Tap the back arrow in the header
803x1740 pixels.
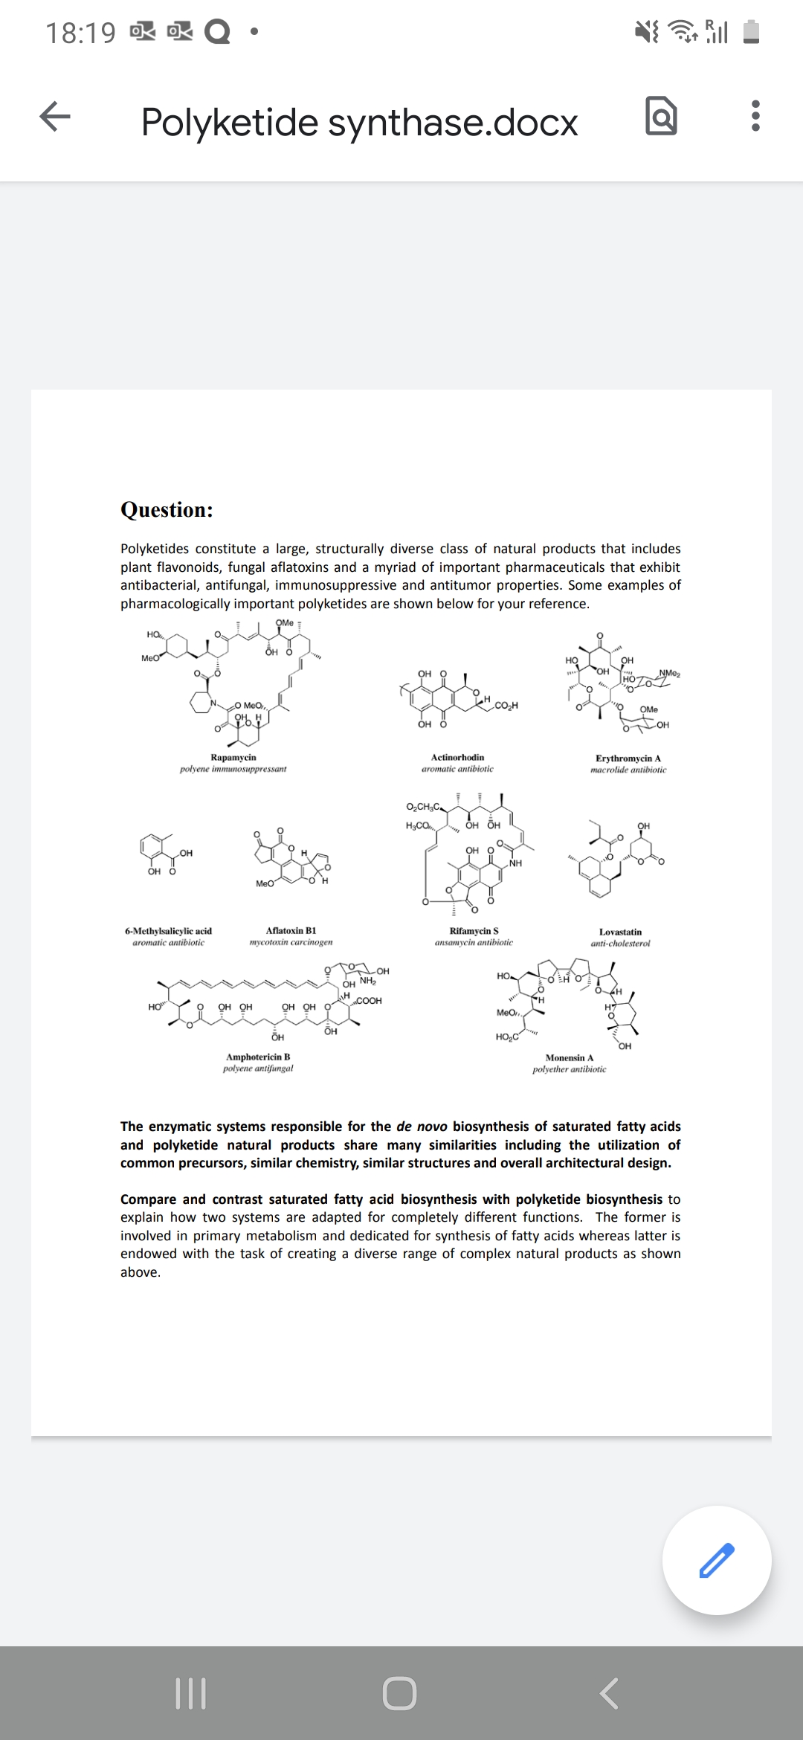coord(55,117)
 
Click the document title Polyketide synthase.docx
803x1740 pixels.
coord(359,122)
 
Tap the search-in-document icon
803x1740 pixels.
coord(661,117)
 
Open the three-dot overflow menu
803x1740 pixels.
coord(755,117)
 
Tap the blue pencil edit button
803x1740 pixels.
coord(717,1560)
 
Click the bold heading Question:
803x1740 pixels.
coord(167,510)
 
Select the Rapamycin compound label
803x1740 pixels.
coord(233,757)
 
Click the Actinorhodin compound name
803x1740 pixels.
coord(457,757)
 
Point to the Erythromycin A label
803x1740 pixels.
coord(628,758)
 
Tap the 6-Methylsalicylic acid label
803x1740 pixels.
coord(168,931)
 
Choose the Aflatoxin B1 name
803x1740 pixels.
coord(291,930)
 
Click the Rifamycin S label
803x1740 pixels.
coord(474,931)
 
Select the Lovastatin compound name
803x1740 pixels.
coord(620,932)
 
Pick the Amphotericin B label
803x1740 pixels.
coord(258,1057)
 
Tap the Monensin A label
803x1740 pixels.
coord(569,1057)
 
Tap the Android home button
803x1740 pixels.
coord(400,1693)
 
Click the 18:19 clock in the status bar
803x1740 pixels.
coord(80,33)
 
